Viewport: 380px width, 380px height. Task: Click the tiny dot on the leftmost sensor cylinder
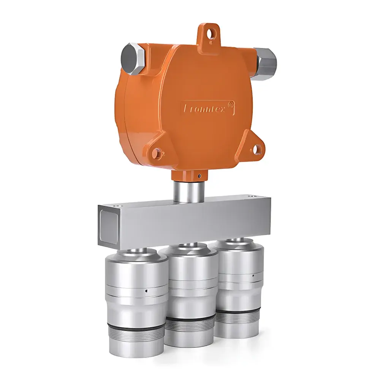pos(146,291)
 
